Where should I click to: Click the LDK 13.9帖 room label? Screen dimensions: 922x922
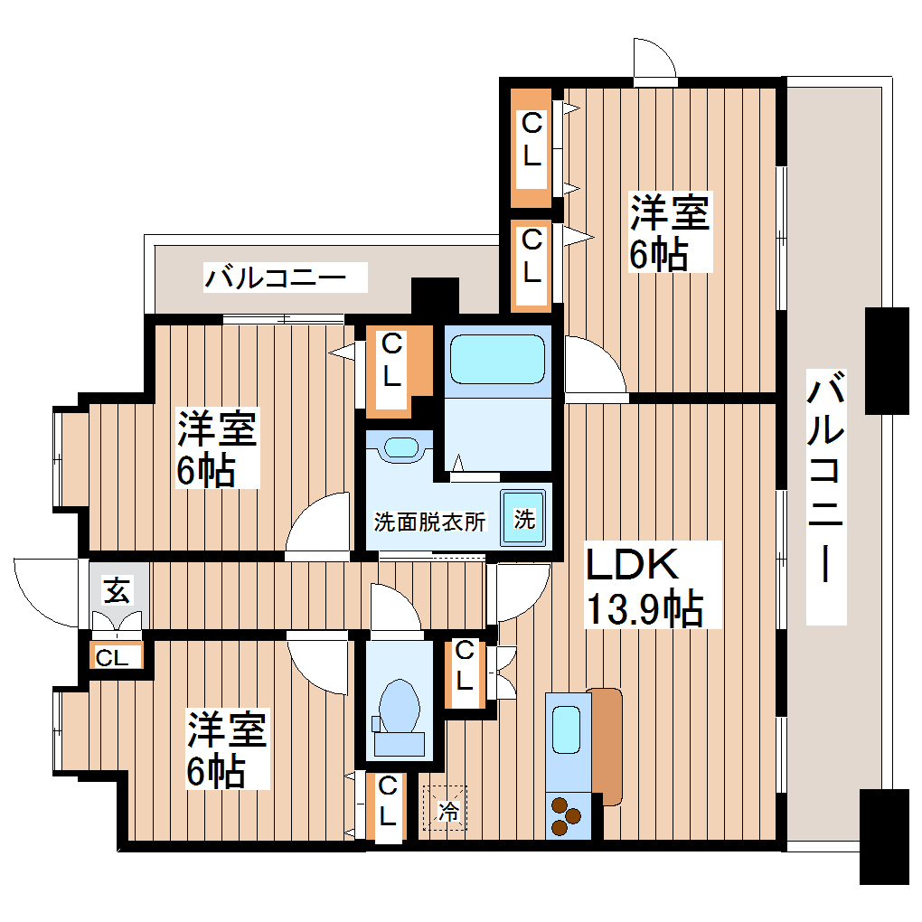(x=644, y=586)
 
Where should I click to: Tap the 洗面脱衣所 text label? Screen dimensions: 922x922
(x=429, y=522)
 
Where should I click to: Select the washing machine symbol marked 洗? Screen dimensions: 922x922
(x=524, y=519)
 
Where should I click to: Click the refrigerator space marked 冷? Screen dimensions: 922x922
(x=446, y=806)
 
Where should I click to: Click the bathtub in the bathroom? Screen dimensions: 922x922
(x=498, y=359)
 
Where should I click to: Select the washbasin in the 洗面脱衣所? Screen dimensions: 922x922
(x=401, y=447)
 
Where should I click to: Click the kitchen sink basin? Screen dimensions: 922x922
(x=567, y=729)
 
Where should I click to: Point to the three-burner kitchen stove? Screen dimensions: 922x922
(x=567, y=816)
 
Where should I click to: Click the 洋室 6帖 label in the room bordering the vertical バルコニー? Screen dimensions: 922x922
(x=670, y=232)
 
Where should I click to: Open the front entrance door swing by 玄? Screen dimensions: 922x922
(x=50, y=592)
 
